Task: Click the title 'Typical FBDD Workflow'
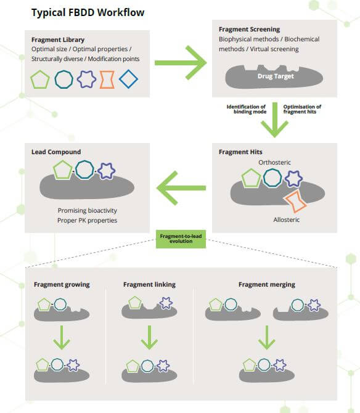88,12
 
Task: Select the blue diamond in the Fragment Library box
128,80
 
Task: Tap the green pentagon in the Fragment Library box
41,80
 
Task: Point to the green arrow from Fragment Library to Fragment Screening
180,62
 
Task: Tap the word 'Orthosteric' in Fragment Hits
274,162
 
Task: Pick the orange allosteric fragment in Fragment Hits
295,200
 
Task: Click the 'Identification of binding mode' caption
247,110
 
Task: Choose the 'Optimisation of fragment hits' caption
302,110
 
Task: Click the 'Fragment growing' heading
62,285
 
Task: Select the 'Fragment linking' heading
149,285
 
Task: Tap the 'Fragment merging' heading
266,285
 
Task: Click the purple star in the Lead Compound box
106,170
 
